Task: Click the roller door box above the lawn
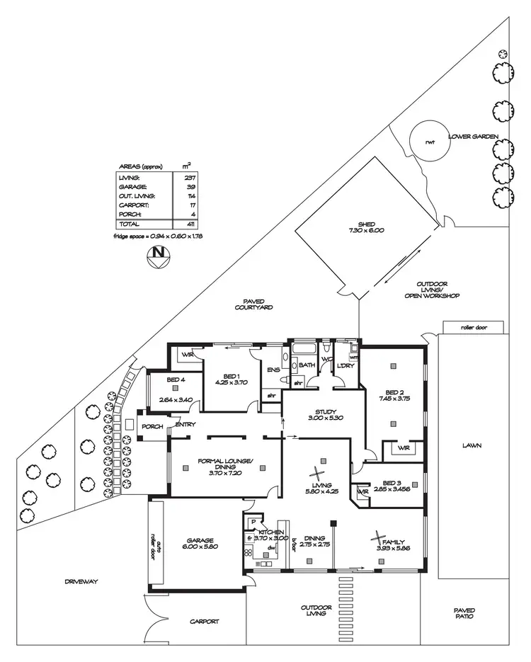(474, 328)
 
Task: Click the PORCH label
(152, 427)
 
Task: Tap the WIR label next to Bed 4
(187, 354)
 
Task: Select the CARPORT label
(205, 622)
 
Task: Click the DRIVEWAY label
(80, 581)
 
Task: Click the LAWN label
(472, 446)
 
